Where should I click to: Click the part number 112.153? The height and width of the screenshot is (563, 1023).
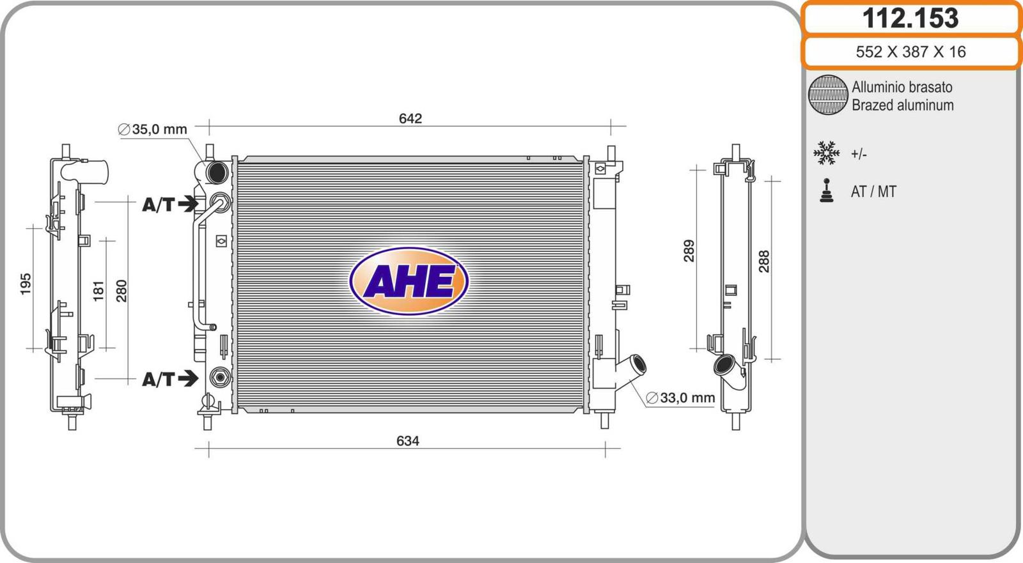(x=910, y=19)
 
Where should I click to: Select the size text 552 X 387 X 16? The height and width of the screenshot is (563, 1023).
(x=910, y=52)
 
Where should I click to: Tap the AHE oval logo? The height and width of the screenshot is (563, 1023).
(x=409, y=281)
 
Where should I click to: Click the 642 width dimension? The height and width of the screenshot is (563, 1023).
(x=410, y=118)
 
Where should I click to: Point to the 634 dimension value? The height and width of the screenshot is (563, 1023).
(x=407, y=441)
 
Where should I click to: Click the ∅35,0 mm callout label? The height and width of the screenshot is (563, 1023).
(x=153, y=129)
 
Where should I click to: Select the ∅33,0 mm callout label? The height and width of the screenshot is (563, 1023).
(x=680, y=397)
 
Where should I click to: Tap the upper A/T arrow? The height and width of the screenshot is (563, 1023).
(x=188, y=204)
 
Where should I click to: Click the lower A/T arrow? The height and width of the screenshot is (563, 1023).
(x=188, y=378)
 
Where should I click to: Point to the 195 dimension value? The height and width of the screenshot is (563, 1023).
(x=26, y=284)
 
